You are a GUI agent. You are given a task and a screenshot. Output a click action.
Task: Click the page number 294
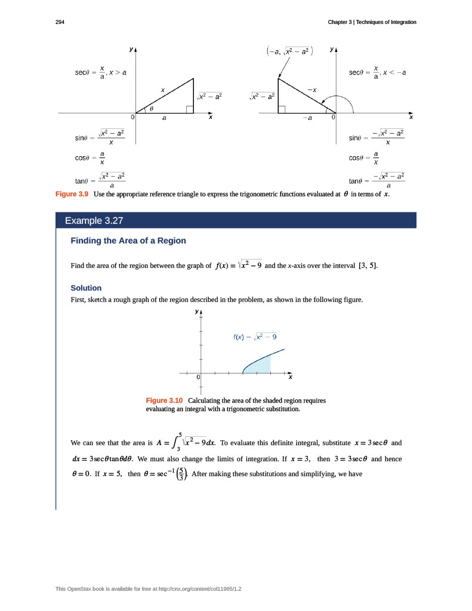pyautogui.click(x=60, y=22)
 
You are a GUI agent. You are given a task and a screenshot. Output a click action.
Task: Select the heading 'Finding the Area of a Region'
pyautogui.click(x=128, y=240)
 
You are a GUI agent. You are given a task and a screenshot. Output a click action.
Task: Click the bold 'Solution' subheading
pyautogui.click(x=86, y=288)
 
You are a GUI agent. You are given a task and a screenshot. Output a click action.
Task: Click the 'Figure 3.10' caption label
pyautogui.click(x=164, y=400)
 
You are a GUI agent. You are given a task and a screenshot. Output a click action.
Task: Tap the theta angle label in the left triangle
pyautogui.click(x=151, y=109)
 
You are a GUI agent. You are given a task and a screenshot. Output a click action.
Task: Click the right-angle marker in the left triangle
pyautogui.click(x=190, y=109)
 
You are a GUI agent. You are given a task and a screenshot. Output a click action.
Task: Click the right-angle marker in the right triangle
pyautogui.click(x=282, y=109)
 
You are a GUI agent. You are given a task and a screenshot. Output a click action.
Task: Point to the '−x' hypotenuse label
pyautogui.click(x=311, y=90)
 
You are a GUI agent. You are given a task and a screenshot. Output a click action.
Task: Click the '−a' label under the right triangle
pyautogui.click(x=307, y=118)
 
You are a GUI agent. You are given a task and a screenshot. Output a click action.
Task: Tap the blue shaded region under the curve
pyautogui.click(x=260, y=366)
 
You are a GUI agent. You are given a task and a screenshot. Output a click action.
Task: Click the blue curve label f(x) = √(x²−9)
pyautogui.click(x=254, y=337)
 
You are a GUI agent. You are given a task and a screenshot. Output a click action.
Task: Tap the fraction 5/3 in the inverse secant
pyautogui.click(x=181, y=475)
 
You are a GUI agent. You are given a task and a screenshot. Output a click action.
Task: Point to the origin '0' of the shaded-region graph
pyautogui.click(x=198, y=378)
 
